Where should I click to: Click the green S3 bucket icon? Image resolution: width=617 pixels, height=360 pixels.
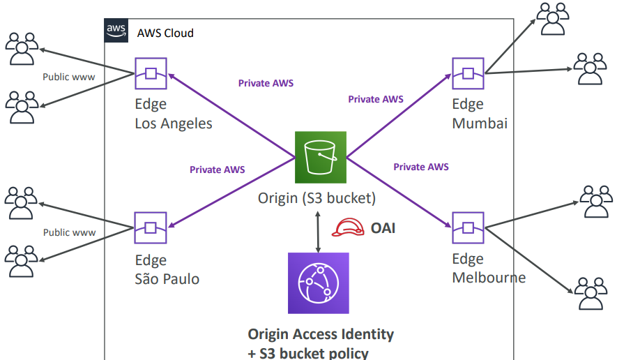(x=320, y=157)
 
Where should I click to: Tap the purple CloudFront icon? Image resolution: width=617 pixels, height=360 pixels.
(x=319, y=283)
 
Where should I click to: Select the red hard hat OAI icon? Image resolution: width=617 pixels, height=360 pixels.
(x=347, y=227)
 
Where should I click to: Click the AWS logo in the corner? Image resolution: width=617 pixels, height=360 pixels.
(x=116, y=31)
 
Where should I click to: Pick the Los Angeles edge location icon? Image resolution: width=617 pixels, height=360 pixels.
(x=151, y=73)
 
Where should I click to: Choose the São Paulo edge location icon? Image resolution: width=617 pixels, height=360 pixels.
(x=151, y=228)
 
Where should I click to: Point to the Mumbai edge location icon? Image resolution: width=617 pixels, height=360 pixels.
(x=468, y=73)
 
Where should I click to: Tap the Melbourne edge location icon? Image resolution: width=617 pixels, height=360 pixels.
(x=468, y=227)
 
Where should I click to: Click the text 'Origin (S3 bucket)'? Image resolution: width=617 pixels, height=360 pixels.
(x=317, y=198)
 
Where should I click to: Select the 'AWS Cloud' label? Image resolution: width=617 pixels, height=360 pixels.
(x=165, y=33)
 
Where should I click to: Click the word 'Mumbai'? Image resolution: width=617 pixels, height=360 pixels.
(x=480, y=123)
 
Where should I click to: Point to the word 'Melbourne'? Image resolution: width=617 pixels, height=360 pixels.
(x=489, y=278)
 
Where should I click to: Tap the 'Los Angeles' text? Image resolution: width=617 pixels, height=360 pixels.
(x=173, y=123)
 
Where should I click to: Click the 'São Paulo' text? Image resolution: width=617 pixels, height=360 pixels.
(x=167, y=279)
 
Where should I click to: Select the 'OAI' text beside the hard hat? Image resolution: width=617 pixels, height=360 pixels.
(x=383, y=227)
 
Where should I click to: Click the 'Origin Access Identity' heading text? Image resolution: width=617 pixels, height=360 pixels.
(x=321, y=334)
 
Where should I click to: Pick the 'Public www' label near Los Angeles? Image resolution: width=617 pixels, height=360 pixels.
(x=69, y=77)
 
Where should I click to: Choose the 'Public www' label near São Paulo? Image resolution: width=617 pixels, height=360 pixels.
(x=69, y=232)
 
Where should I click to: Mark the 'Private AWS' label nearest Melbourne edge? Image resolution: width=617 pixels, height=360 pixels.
(x=421, y=167)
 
